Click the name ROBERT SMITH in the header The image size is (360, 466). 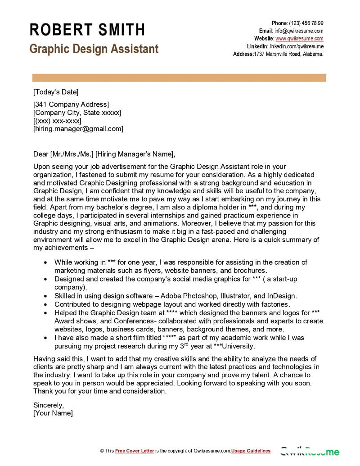(87, 30)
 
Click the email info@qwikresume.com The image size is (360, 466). (299, 31)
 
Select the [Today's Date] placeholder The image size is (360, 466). (56, 92)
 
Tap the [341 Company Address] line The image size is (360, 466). (71, 104)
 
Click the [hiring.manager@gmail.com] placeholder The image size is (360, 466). (78, 129)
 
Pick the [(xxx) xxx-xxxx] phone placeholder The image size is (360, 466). (57, 121)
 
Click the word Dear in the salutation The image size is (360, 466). (40, 154)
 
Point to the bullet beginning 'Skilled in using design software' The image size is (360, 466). (175, 296)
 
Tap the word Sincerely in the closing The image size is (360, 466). (49, 404)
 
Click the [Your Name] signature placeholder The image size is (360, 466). (53, 412)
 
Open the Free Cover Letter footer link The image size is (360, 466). (135, 451)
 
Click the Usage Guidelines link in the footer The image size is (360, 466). (251, 451)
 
